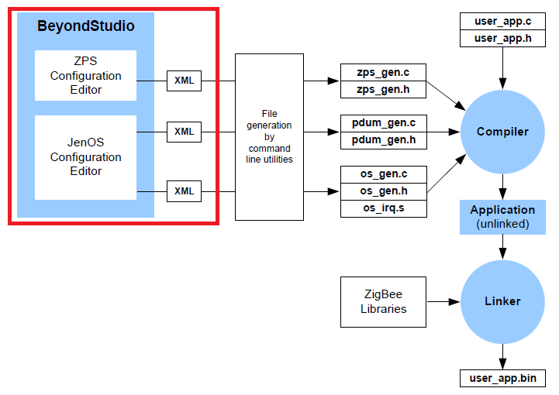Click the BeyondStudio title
pos(85,26)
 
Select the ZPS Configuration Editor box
pos(85,76)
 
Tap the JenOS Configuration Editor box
pos(85,157)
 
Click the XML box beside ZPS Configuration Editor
pos(185,80)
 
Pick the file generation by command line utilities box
pos(270,136)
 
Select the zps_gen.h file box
pos(384,90)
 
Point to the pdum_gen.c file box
pos(384,123)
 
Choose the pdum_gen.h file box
pos(384,139)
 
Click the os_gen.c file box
pos(384,173)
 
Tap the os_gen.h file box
pos(384,191)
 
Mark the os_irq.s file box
pos(384,208)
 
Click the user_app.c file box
pos(503,21)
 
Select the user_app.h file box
pos(503,37)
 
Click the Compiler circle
pos(502,132)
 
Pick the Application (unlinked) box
pos(502,216)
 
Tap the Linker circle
pos(502,301)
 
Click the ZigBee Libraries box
pos(384,301)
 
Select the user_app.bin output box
pos(502,379)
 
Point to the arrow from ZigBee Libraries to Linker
pos(443,301)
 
